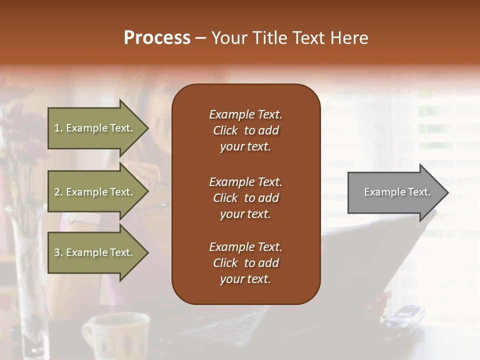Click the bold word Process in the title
pos(157,38)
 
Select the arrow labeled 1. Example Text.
pos(95,128)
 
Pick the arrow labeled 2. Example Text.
pos(95,192)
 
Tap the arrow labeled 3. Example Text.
pos(95,252)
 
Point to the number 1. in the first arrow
pos(58,128)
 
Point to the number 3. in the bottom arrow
pos(58,252)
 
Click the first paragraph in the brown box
pos(245,130)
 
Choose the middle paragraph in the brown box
pos(245,198)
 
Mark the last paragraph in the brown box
pos(245,263)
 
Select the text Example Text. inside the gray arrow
pos(397,192)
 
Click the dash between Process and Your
pos(201,38)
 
